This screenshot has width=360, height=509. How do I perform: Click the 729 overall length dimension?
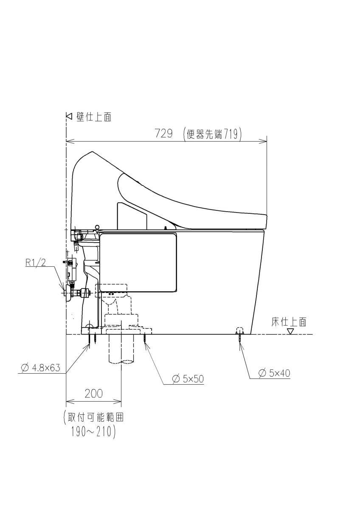163,133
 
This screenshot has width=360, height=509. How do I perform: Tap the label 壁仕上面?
94,117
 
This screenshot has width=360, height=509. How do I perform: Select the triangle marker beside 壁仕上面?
69,117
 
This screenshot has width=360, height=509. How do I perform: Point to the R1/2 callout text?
36,263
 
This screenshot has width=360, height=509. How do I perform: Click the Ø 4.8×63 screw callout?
40,367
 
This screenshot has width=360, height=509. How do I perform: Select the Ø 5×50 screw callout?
188,379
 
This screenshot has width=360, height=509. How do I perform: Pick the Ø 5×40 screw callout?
274,373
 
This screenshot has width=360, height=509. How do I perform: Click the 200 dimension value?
93,393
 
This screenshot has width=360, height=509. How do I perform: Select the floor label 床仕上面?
289,322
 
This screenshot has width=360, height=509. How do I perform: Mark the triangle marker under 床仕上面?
290,332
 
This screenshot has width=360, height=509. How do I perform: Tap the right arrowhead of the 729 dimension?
263,142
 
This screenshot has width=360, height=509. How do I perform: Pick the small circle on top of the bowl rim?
97,227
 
